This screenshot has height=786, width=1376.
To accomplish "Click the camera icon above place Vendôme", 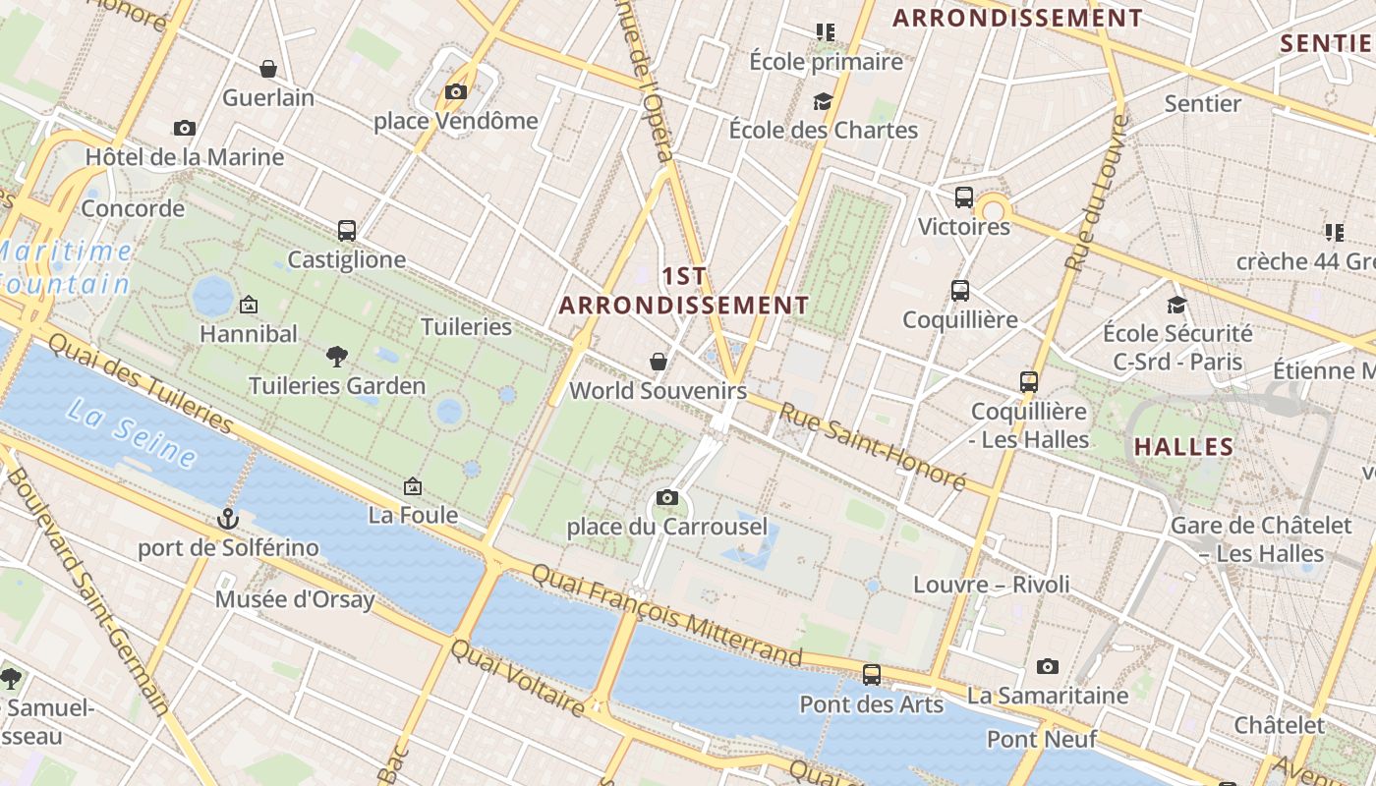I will pos(456,92).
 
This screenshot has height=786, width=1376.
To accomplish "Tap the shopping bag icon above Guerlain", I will pos(267,69).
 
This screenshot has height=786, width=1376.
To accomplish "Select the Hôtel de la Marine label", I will pos(185,157).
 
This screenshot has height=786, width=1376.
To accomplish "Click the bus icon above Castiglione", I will pos(347,231).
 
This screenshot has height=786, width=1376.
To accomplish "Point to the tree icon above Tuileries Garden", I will pos(337,357).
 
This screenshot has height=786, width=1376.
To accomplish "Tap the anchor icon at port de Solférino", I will pos(228,518).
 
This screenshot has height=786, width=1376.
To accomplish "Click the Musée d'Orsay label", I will pos(295,599).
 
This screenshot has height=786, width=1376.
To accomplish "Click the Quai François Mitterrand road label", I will pos(666,613).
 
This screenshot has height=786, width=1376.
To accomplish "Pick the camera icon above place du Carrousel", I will pos(667,498).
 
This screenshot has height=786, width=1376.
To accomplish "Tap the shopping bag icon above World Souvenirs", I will pos(659,363).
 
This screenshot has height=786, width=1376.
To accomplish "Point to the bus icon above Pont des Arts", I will pos(872,675).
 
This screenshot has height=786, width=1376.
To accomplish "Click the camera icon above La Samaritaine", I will pos(1048,667).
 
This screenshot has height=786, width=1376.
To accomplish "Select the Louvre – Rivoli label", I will pos(992,585).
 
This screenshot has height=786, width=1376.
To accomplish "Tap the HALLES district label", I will pos(1184,447).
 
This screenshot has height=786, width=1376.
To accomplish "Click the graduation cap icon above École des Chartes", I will pos(823,101).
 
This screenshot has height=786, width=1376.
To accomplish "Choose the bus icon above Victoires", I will pos(964,197).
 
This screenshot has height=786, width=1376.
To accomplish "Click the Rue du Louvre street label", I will pos(1095,193).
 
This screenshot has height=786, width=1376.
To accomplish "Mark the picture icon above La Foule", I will pos(413,486).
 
